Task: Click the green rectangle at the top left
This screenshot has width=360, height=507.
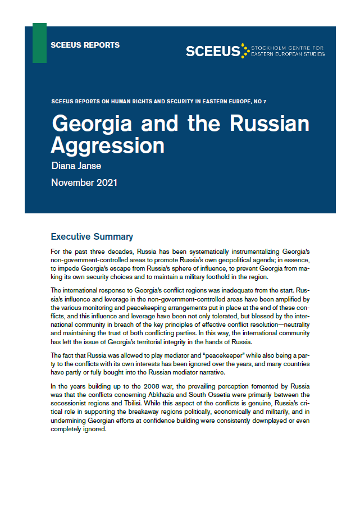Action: coord(39,43)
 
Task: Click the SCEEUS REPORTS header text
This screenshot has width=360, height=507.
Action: coord(85,45)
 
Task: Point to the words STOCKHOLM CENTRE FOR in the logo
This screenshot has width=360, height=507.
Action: coord(289,48)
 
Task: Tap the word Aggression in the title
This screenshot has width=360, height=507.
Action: coord(108,145)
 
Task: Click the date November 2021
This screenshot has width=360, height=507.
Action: coord(84,182)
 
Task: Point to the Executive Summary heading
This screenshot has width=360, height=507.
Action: coord(92,236)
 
